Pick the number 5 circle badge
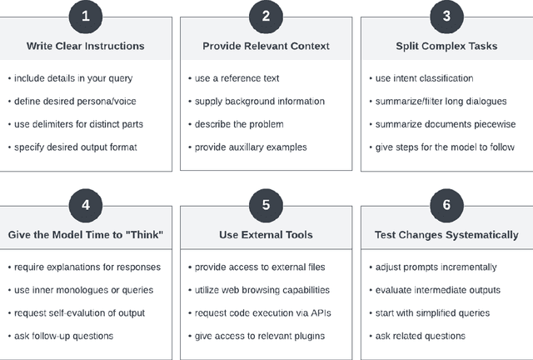point(266,205)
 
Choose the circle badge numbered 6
point(446,205)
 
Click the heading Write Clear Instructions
point(87,46)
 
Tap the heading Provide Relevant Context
point(266,46)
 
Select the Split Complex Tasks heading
point(446,46)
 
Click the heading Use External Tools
point(266,235)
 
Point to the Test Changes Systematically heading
point(446,235)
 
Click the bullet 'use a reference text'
point(237,78)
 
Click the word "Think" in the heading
point(142,235)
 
